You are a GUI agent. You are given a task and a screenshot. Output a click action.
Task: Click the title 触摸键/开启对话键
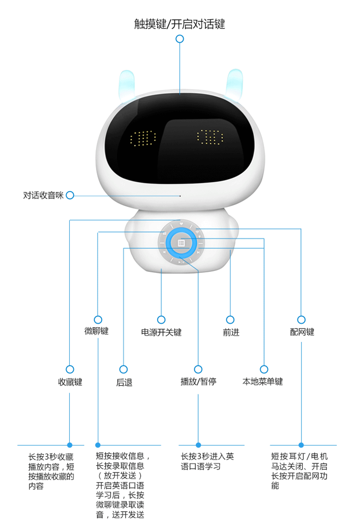click(x=180, y=24)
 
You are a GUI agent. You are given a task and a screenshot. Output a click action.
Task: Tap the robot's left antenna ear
click(x=127, y=85)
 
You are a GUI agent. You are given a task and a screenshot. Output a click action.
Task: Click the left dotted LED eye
click(x=143, y=139)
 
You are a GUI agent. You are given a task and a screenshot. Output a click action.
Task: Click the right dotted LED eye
click(x=210, y=137)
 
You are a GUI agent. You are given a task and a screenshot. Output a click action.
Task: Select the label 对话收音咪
click(x=43, y=195)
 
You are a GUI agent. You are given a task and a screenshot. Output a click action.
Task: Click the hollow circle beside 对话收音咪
click(x=70, y=195)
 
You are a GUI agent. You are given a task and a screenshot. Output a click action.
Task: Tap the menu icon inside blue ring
click(x=181, y=243)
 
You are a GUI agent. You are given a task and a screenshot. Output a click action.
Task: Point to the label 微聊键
click(x=97, y=331)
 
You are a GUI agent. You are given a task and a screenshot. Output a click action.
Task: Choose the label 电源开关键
click(x=161, y=332)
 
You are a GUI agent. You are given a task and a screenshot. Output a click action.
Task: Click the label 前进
click(x=231, y=332)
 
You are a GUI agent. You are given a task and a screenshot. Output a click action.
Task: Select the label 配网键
click(x=302, y=332)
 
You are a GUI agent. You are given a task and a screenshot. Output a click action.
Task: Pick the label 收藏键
click(x=70, y=381)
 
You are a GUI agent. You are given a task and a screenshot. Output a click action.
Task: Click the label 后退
click(x=124, y=382)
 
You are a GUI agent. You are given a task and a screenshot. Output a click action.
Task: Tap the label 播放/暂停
click(x=198, y=381)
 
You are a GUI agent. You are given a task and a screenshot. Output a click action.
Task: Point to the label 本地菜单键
click(x=263, y=381)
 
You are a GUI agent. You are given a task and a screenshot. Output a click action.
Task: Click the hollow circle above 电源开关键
click(x=161, y=320)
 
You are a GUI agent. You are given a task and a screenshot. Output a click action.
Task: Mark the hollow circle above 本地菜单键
click(x=264, y=369)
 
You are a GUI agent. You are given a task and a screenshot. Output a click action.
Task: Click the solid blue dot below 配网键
click(x=301, y=445)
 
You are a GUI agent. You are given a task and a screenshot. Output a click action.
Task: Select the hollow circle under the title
click(x=180, y=39)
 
